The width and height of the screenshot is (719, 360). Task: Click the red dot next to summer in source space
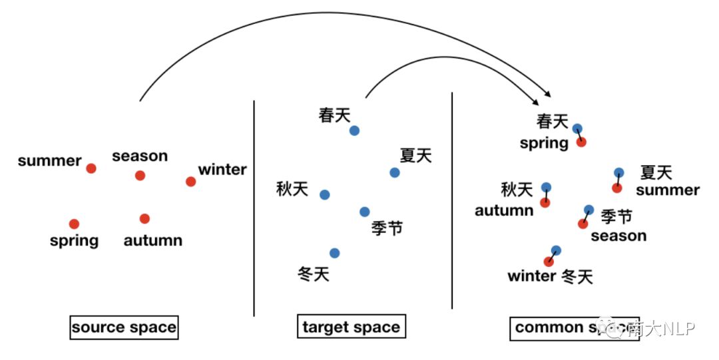91,168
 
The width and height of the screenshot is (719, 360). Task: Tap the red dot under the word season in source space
140,176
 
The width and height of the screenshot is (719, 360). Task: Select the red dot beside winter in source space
191,181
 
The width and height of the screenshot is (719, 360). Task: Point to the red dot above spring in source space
74,224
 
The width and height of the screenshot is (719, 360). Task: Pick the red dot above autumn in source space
144,218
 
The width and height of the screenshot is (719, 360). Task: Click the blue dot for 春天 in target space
354,130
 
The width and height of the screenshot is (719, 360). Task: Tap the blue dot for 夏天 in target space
395,173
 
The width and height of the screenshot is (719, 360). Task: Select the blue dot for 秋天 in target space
324,195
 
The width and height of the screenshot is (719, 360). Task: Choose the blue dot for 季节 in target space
364,212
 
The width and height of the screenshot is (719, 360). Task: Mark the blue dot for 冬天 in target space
334,253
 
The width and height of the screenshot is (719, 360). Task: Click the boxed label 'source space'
124,327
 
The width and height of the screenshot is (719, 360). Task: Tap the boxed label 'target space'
351,327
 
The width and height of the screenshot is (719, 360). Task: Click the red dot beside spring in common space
581,142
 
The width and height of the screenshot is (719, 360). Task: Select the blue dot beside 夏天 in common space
619,173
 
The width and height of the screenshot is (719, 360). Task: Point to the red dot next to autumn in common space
545,202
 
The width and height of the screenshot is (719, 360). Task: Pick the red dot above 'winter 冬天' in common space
549,262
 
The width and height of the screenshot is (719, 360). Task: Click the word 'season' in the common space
618,236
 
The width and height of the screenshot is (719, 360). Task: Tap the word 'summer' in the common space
667,191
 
